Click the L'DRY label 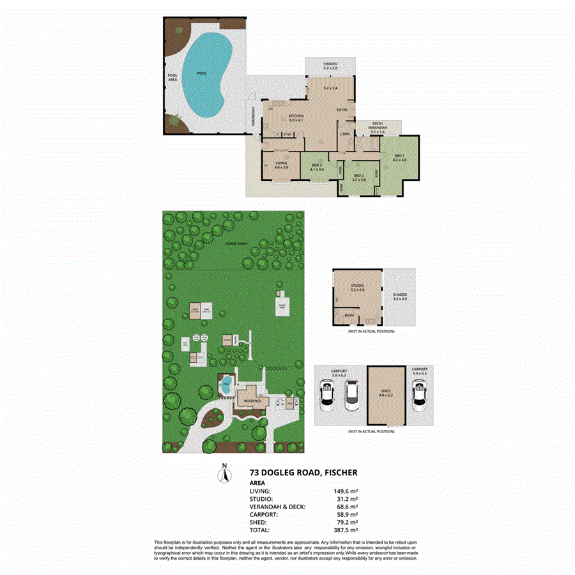pos(345,134)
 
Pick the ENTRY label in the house pos(342,110)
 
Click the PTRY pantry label pos(287,134)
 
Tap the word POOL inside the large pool pos(202,73)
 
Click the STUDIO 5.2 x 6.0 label pos(357,286)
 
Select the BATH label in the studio pos(349,315)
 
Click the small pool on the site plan pos(226,385)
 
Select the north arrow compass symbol pos(224,474)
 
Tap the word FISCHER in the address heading pos(340,473)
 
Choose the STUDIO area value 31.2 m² pos(346,498)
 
